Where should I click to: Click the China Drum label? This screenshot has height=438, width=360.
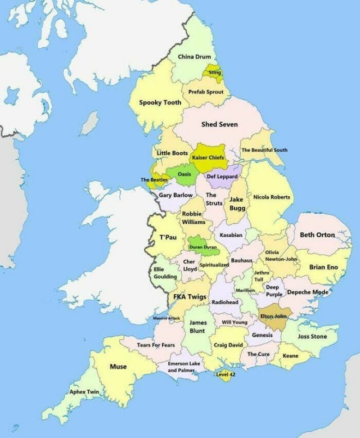coord(194,57)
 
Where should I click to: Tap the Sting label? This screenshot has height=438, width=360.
coord(215,73)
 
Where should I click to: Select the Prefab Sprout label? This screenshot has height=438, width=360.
coord(205,92)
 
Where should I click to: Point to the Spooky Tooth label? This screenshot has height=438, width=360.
coord(160,103)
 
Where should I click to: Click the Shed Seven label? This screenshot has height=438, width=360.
coord(219,124)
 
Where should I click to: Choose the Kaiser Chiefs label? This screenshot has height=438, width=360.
coord(209,158)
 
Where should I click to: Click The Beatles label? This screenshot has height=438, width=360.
coord(154,180)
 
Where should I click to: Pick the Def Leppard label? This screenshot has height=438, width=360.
coord(222,177)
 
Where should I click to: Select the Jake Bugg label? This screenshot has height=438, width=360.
coord(236,204)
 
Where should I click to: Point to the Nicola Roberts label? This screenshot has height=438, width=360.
coord(272,197)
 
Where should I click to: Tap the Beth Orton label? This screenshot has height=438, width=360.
coord(317,235)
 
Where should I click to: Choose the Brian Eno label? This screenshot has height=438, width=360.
coord(323,267)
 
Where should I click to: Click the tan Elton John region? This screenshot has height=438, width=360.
coord(274,318)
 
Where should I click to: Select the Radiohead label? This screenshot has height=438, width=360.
coord(225,302)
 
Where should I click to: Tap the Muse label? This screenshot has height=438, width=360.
coord(118,367)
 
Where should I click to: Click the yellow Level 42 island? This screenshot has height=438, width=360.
coord(226,374)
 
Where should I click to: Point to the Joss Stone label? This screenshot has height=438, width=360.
coord(312,337)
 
